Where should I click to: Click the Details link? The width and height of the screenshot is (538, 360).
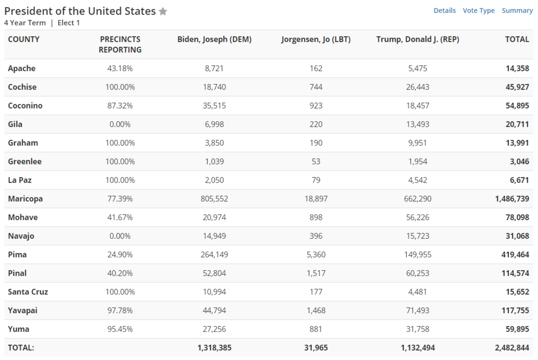point(444,11)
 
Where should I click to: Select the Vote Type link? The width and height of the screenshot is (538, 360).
point(478,11)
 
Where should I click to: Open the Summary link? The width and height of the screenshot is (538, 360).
point(517,11)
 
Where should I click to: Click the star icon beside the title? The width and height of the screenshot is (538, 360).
point(163,11)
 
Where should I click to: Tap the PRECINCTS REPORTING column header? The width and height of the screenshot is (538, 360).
point(120,44)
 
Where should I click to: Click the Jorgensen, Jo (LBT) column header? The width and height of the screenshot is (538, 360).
point(316,39)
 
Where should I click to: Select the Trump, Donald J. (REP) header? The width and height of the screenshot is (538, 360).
point(417,39)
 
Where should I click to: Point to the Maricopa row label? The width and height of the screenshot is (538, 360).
point(25,199)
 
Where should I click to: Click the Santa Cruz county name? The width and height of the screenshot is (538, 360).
point(28,292)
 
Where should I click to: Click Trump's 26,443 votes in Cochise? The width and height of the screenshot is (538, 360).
point(417,87)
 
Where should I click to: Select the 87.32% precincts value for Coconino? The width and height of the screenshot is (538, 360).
point(120,105)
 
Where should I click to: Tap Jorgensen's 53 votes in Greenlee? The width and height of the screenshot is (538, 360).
point(316,161)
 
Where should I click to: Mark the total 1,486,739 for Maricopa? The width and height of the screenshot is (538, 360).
point(512,199)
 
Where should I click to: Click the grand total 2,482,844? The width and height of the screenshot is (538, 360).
point(512,348)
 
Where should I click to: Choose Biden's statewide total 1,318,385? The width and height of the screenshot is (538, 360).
point(214,348)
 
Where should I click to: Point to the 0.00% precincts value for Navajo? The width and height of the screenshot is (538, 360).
point(120,236)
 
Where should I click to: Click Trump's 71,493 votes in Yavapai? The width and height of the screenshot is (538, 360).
point(417,310)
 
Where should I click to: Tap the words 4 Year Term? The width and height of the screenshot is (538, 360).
point(25,23)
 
